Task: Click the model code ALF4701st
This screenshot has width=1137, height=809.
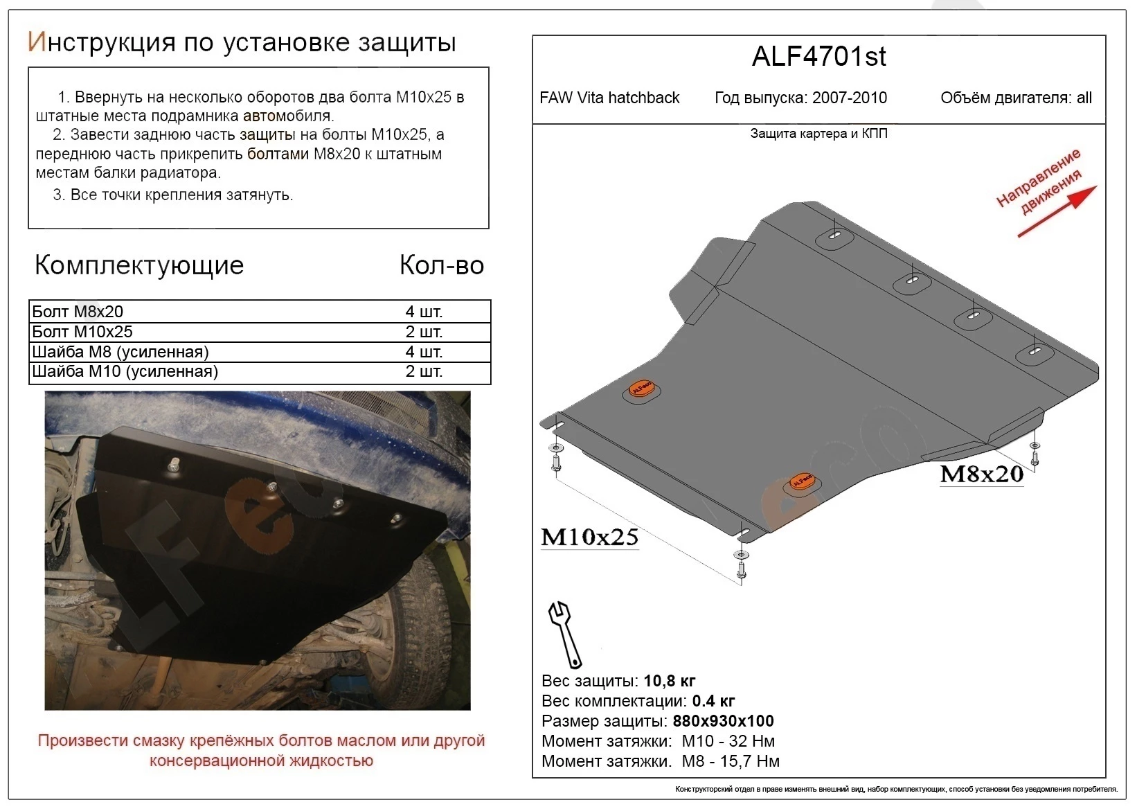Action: tap(818, 57)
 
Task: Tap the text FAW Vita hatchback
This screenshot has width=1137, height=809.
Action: tap(609, 98)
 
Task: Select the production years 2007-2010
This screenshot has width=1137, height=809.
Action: tap(850, 98)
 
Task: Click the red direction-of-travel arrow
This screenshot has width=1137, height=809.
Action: tap(1057, 211)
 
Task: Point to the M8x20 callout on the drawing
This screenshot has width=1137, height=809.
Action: tap(981, 474)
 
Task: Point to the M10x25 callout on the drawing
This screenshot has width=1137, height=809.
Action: tap(589, 537)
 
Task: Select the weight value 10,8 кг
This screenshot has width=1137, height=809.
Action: tap(670, 681)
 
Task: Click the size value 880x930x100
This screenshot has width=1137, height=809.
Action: tap(723, 721)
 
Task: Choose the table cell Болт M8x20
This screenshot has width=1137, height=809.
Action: tap(78, 312)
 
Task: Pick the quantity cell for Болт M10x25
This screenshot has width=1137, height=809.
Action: tap(424, 332)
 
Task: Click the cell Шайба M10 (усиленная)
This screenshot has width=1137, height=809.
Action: tap(125, 372)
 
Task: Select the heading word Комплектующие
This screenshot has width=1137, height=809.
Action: tap(139, 265)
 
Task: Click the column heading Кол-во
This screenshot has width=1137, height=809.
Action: tap(442, 265)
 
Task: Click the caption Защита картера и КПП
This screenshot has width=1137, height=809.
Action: tap(818, 133)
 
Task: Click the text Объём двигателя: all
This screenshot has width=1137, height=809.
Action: tap(1016, 98)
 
